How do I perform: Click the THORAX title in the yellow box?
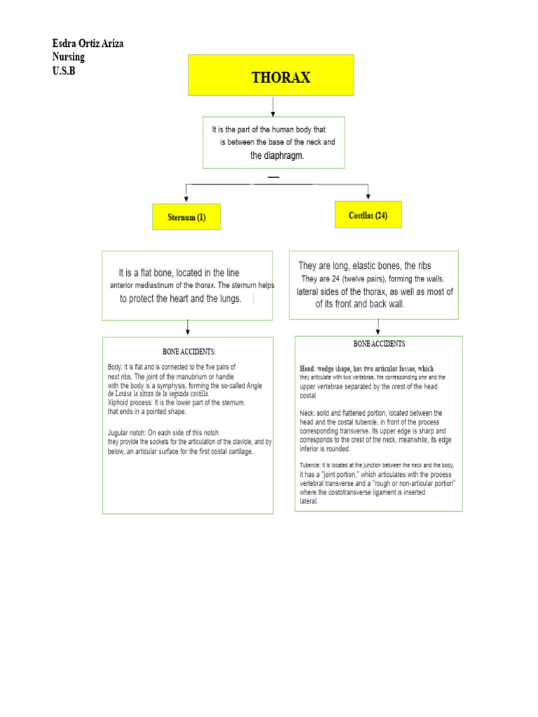[x=281, y=77]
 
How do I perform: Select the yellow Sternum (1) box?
[x=186, y=217]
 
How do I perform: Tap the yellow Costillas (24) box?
[x=368, y=216]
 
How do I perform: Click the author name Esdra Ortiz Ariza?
[x=88, y=44]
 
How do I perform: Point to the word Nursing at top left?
[x=69, y=57]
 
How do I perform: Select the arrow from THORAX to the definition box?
[x=273, y=106]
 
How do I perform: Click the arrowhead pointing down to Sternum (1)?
[x=186, y=195]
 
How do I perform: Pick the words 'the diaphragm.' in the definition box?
[x=277, y=155]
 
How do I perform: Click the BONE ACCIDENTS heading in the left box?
[x=189, y=351]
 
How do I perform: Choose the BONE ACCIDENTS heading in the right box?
[x=380, y=344]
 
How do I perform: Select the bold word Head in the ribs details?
[x=308, y=368]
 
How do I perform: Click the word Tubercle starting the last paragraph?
[x=310, y=465]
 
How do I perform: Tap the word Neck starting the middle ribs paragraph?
[x=306, y=413]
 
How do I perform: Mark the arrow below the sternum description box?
[x=187, y=328]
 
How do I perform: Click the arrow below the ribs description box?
[x=378, y=327]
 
